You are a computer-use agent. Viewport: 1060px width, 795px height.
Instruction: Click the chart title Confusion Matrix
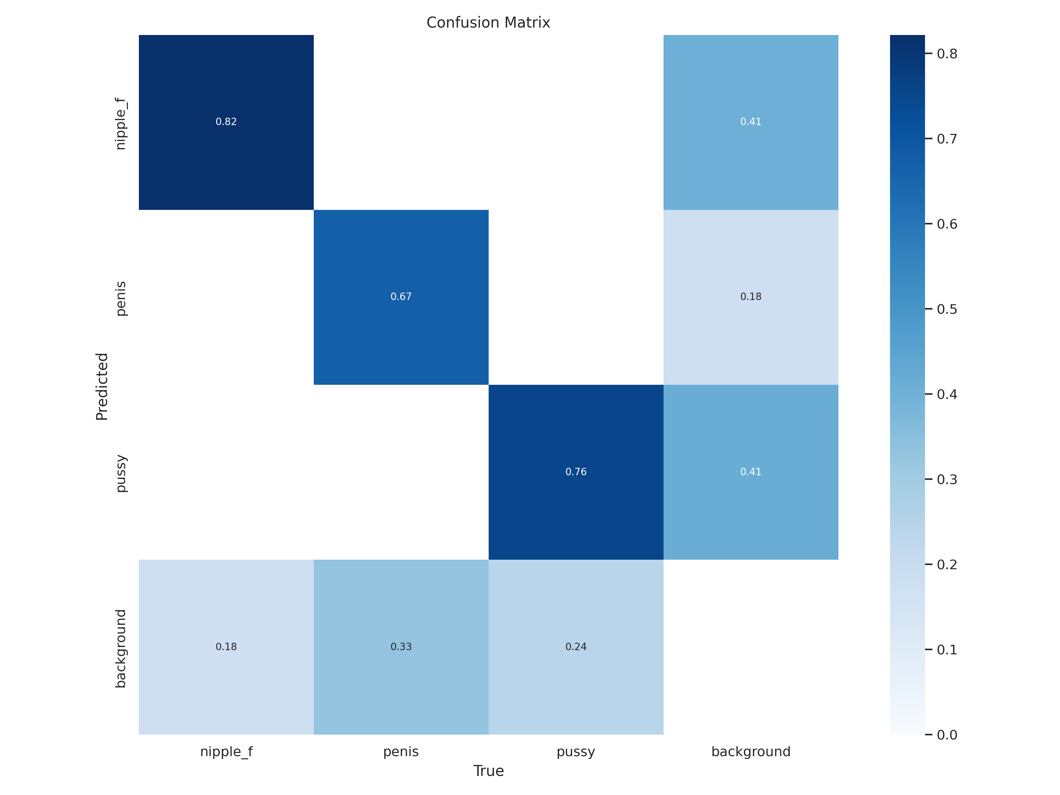click(x=488, y=23)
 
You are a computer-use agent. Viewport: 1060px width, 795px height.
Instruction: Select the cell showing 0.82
click(x=226, y=122)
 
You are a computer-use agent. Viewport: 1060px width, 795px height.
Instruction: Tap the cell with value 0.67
click(x=401, y=297)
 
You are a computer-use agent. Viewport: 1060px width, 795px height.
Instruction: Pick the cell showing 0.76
click(x=576, y=472)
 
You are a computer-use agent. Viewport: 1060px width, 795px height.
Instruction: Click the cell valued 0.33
click(x=401, y=647)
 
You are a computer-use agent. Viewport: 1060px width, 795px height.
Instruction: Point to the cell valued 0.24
click(x=576, y=647)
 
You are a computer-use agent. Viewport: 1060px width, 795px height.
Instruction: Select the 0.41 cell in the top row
click(x=751, y=122)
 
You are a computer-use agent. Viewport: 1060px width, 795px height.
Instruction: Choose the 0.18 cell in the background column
click(x=751, y=297)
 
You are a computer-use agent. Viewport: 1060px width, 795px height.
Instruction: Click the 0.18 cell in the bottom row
click(x=226, y=647)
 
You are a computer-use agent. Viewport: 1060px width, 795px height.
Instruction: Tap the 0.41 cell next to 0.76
click(x=751, y=472)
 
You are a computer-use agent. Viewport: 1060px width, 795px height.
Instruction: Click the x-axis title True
click(x=488, y=771)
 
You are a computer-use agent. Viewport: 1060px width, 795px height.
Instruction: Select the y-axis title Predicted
click(x=102, y=387)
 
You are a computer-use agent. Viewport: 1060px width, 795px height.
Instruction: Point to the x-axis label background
click(x=751, y=752)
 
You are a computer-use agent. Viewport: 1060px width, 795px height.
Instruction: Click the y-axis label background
click(x=121, y=648)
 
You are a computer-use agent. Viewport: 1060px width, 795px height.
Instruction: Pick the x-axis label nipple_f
click(x=226, y=752)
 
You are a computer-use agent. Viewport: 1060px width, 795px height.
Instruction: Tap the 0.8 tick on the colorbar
click(x=947, y=54)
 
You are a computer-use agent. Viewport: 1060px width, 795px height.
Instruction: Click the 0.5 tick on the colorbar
click(x=947, y=309)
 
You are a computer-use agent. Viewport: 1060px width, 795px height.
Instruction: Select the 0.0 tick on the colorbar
click(x=947, y=735)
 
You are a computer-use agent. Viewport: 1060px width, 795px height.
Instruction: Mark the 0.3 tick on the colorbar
click(x=947, y=479)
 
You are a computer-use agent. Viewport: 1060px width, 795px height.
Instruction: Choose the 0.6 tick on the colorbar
click(x=947, y=224)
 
